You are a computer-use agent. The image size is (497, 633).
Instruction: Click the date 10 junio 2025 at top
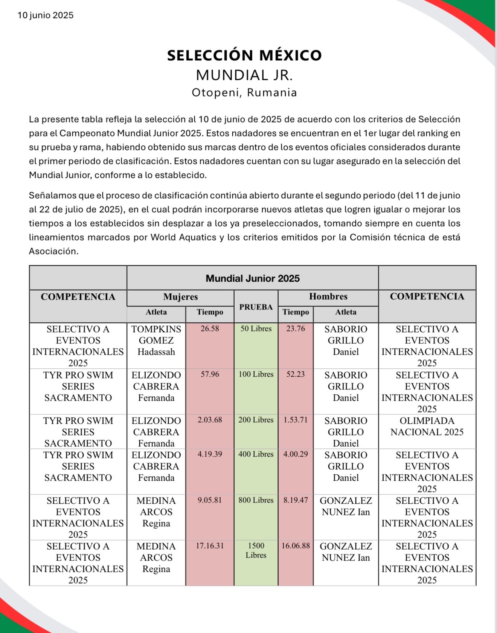click(46, 15)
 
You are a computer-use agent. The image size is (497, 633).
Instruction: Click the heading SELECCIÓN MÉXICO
click(244, 55)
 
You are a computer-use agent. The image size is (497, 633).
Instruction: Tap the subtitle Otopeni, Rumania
click(244, 92)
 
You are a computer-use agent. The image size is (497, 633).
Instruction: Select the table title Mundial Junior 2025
click(253, 279)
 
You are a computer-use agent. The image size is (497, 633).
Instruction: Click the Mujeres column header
click(180, 297)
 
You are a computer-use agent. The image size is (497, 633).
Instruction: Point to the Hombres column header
click(328, 296)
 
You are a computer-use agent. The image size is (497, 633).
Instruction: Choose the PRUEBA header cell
click(256, 307)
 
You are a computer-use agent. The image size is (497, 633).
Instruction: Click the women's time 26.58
click(210, 329)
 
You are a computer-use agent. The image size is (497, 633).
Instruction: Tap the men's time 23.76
click(296, 329)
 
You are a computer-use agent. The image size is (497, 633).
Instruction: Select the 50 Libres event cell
click(256, 329)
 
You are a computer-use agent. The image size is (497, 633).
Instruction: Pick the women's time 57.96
click(210, 374)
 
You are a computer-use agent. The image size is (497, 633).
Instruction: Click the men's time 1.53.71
click(296, 420)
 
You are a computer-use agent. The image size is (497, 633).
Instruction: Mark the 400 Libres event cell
click(256, 454)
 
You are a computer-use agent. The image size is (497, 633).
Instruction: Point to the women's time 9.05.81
click(210, 500)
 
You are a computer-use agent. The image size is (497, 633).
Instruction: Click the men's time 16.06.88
click(296, 546)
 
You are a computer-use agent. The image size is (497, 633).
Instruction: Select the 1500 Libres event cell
click(256, 550)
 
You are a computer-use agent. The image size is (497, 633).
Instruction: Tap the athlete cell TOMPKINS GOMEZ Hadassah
click(156, 340)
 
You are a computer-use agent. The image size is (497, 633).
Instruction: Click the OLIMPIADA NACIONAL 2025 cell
click(427, 426)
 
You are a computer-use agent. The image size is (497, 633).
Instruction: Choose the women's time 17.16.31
click(210, 546)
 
